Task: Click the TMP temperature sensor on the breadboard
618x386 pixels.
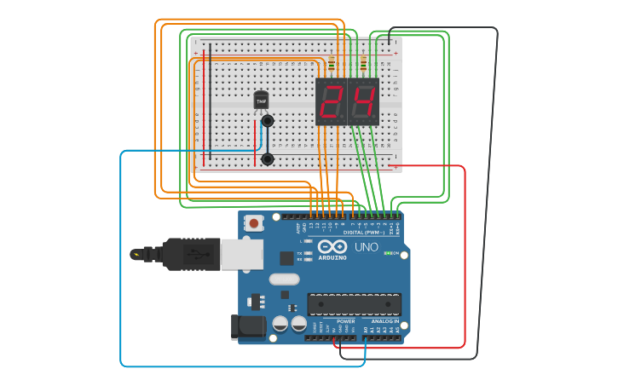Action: click(x=261, y=100)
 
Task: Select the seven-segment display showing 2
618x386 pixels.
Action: click(x=331, y=102)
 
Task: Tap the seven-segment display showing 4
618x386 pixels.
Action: click(x=363, y=102)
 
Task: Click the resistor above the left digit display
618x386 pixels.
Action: click(x=332, y=62)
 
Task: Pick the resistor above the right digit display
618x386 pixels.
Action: click(x=364, y=62)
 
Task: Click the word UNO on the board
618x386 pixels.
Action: click(x=366, y=248)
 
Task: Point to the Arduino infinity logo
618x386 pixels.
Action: click(x=332, y=246)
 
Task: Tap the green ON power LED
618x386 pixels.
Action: click(x=388, y=253)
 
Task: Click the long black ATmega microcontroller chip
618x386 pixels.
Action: click(x=354, y=304)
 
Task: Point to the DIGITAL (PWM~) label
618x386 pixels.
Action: click(x=363, y=232)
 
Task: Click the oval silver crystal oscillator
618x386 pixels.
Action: click(x=284, y=279)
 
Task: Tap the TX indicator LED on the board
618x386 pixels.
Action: click(x=307, y=253)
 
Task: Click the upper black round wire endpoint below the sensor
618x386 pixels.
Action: click(x=267, y=121)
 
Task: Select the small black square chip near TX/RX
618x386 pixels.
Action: click(x=286, y=258)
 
